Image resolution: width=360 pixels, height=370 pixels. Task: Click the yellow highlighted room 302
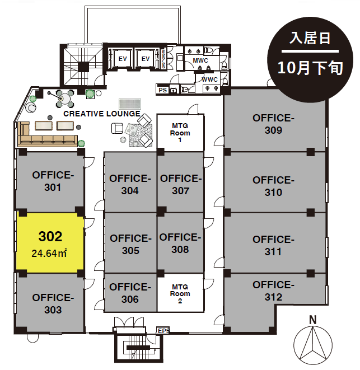(50, 242)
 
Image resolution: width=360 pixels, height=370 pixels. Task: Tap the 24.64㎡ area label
(49, 253)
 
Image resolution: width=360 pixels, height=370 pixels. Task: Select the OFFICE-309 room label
(273, 124)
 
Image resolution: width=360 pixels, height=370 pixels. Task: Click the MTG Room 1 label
(180, 133)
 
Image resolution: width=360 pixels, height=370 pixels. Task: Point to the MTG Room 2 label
(180, 294)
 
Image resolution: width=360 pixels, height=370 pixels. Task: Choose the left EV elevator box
(123, 59)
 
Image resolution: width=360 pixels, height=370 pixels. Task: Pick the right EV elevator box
(146, 59)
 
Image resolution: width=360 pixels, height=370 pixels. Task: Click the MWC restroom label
(200, 60)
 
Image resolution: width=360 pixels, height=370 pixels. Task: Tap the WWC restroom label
(209, 79)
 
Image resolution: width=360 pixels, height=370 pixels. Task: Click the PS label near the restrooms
(163, 90)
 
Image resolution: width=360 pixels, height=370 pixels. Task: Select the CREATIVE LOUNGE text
(102, 114)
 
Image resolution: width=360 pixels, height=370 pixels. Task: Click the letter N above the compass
(312, 320)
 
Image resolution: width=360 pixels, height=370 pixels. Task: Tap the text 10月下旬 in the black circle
(310, 68)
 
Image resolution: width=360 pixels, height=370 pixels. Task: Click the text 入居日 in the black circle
(310, 38)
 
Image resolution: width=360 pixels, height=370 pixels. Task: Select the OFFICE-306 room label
(130, 293)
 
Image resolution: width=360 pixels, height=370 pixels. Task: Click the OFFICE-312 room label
(273, 291)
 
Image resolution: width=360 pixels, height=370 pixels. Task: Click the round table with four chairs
(65, 99)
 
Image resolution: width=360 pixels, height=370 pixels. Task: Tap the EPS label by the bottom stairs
(163, 331)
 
